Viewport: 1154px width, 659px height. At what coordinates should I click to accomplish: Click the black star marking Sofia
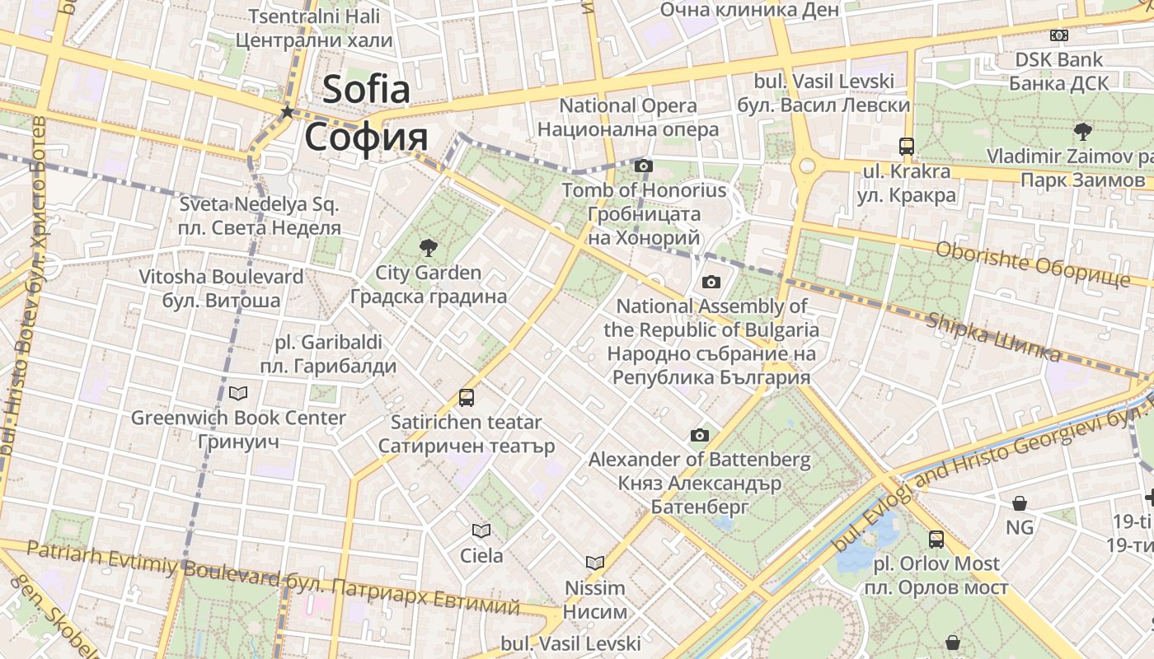pyautogui.click(x=287, y=111)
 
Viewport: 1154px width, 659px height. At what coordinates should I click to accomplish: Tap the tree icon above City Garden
pyautogui.click(x=428, y=246)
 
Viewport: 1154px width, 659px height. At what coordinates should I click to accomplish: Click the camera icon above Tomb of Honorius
pyautogui.click(x=644, y=166)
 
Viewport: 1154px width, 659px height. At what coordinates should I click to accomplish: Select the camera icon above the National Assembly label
pyautogui.click(x=711, y=282)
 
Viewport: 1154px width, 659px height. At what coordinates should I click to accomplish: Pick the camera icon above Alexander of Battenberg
pyautogui.click(x=699, y=435)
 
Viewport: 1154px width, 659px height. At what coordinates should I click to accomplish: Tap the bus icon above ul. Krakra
pyautogui.click(x=907, y=147)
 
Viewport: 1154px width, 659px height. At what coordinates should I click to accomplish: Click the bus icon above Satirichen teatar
pyautogui.click(x=467, y=398)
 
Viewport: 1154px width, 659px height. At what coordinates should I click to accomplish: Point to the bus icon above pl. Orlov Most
pyautogui.click(x=936, y=540)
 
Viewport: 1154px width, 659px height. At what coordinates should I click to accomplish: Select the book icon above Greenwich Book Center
pyautogui.click(x=238, y=393)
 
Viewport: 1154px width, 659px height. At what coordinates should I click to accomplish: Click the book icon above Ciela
pyautogui.click(x=481, y=530)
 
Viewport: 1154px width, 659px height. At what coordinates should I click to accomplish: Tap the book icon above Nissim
pyautogui.click(x=595, y=563)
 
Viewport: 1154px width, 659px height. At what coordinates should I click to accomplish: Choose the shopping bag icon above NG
pyautogui.click(x=1020, y=502)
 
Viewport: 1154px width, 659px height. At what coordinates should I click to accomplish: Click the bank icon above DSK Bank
pyautogui.click(x=1059, y=35)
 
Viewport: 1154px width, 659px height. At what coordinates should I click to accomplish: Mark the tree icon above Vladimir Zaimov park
pyautogui.click(x=1082, y=131)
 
